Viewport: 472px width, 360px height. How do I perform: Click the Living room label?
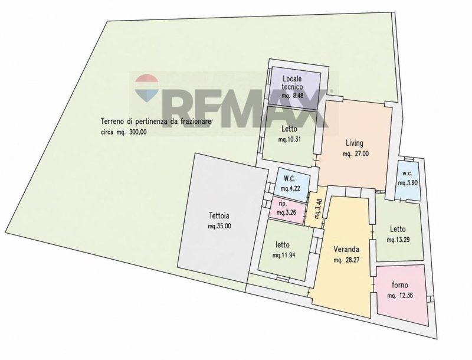pyautogui.click(x=355, y=143)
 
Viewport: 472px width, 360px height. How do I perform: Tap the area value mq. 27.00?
pyautogui.click(x=356, y=154)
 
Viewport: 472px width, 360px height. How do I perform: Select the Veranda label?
pyautogui.click(x=346, y=249)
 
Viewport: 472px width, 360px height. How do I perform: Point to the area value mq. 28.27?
pyautogui.click(x=346, y=260)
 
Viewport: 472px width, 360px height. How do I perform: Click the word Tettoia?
pyautogui.click(x=219, y=216)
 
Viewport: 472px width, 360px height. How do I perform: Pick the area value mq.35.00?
pyautogui.click(x=219, y=227)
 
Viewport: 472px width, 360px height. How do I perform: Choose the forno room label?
pyautogui.click(x=400, y=284)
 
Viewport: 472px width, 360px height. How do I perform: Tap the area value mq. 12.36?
pyautogui.click(x=400, y=296)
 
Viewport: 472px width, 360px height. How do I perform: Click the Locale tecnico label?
pyautogui.click(x=292, y=83)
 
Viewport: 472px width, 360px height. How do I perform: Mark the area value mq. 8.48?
pyautogui.click(x=292, y=96)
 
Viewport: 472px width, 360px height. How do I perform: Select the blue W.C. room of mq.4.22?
pyautogui.click(x=292, y=184)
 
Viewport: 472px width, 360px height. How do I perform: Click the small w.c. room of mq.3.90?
pyautogui.click(x=408, y=181)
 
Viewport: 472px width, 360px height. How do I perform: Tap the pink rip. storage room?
pyautogui.click(x=286, y=210)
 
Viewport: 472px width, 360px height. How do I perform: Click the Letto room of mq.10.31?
pyautogui.click(x=289, y=134)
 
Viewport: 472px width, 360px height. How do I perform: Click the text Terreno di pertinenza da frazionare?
pyautogui.click(x=156, y=122)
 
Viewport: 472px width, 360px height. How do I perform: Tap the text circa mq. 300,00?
pyautogui.click(x=124, y=132)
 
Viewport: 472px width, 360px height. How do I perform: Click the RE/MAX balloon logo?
pyautogui.click(x=146, y=87)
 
